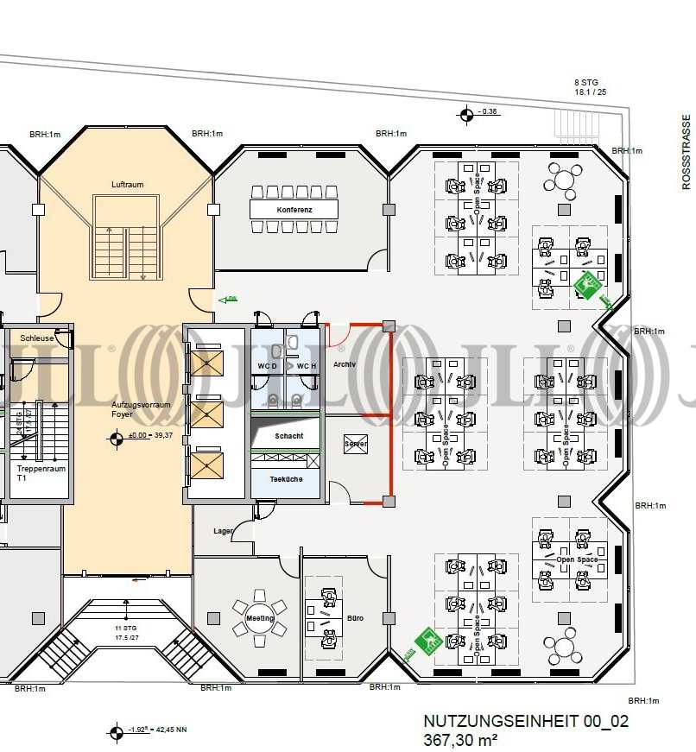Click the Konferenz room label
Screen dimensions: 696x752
[x=294, y=210]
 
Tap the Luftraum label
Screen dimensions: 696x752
[x=127, y=185]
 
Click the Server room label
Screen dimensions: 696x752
[x=356, y=444]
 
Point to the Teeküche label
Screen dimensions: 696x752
[x=286, y=479]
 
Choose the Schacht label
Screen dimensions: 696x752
[x=288, y=436]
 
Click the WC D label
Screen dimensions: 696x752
[x=266, y=367]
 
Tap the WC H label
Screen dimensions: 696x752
[x=307, y=367]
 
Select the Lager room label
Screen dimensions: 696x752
[x=223, y=531]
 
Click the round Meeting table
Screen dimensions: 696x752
[x=259, y=618]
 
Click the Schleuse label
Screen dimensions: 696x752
[x=37, y=338]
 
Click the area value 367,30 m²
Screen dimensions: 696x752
[x=460, y=740]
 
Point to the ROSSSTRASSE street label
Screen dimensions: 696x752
[x=687, y=152]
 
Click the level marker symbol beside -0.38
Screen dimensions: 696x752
[x=466, y=111]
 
